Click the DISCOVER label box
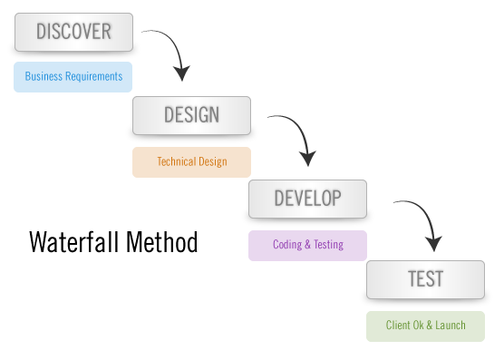tap(73, 32)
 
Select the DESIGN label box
tap(191, 115)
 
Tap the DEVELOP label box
tap(307, 199)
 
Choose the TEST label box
tap(425, 279)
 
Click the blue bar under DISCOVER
tap(73, 77)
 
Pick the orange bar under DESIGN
tap(191, 161)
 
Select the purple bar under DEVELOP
tap(307, 245)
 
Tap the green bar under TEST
tap(425, 326)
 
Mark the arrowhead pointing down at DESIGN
tap(182, 73)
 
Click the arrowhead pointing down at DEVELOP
tap(308, 158)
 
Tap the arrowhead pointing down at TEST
tap(433, 243)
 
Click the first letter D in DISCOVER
tap(42, 33)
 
